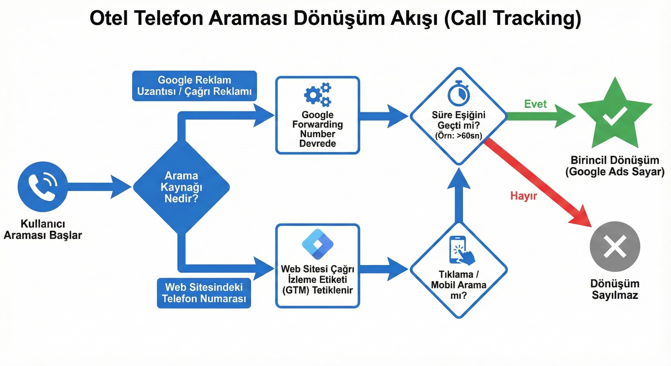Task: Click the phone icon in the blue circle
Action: click(x=42, y=187)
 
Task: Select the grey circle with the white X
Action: click(x=615, y=246)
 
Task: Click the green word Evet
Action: click(x=535, y=104)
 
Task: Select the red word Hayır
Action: click(x=524, y=196)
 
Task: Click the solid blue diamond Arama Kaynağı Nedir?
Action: click(x=181, y=187)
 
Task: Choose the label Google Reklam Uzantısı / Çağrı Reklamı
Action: click(x=194, y=86)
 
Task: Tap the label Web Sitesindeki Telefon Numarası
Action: click(x=204, y=293)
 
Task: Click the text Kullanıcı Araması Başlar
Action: click(x=43, y=229)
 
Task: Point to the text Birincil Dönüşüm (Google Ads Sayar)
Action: click(x=615, y=166)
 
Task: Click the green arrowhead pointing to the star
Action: click(x=565, y=116)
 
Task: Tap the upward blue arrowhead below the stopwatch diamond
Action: click(x=459, y=180)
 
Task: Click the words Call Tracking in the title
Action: click(x=512, y=18)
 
